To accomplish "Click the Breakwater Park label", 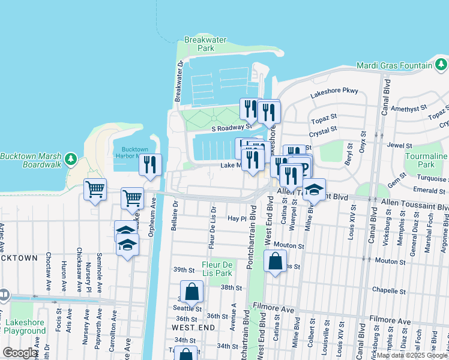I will click(205, 44).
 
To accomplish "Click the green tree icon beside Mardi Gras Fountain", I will click(441, 64).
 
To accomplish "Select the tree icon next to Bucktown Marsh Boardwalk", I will click(71, 158).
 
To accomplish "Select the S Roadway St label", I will click(231, 127).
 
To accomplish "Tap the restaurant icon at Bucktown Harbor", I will click(150, 164).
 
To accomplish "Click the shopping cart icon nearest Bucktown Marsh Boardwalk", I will click(95, 189).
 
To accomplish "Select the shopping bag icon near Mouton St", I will click(274, 261).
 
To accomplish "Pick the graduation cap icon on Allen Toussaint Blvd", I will click(313, 189).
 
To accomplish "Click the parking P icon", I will click(303, 167).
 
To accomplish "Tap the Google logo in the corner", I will click(20, 353).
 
